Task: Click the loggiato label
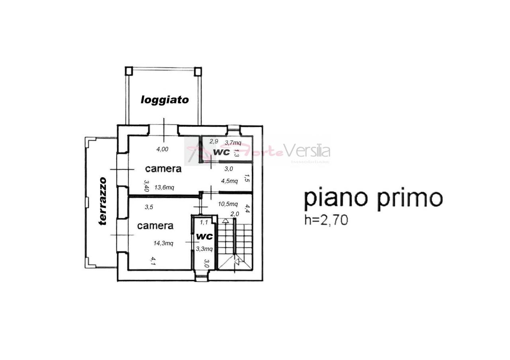point(165,100)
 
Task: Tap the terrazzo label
point(103,201)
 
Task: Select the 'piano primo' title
point(373,198)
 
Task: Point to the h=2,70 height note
point(326,220)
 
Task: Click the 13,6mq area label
point(164,188)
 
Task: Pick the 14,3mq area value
point(163,243)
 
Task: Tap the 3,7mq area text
point(233,143)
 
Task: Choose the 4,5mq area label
point(229,181)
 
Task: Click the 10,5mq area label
point(228,204)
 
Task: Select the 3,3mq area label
point(204,249)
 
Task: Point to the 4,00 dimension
point(162,149)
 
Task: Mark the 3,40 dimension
point(147,186)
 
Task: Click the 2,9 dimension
point(214,141)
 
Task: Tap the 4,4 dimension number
point(247,208)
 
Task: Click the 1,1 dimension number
point(204,222)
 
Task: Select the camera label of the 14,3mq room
point(155,226)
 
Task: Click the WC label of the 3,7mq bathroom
point(222,152)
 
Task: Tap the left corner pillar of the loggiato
point(129,71)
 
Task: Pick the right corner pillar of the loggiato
point(198,71)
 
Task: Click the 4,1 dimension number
point(153,261)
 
